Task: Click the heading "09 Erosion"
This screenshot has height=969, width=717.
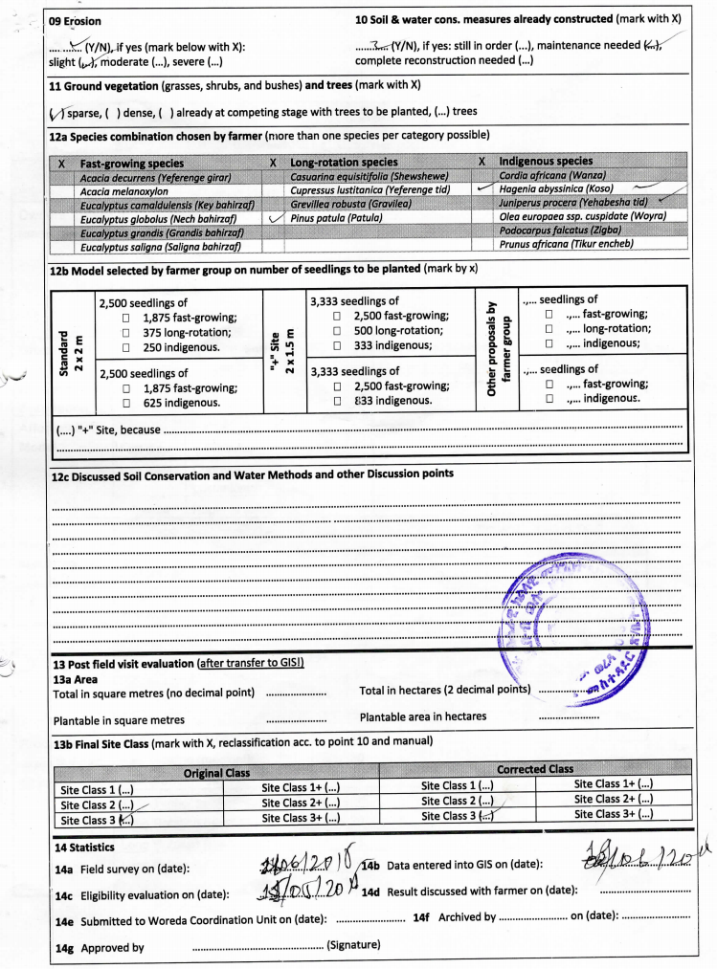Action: pos(75,20)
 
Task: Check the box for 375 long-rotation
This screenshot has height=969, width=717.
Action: pos(127,332)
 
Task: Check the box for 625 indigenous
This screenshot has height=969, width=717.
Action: pos(127,403)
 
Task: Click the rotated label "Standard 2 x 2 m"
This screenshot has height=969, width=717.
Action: pos(73,350)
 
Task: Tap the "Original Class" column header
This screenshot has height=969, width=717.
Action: pos(216,772)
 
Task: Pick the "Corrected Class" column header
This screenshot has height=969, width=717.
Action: pos(535,769)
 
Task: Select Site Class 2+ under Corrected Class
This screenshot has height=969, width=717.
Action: pos(614,800)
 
